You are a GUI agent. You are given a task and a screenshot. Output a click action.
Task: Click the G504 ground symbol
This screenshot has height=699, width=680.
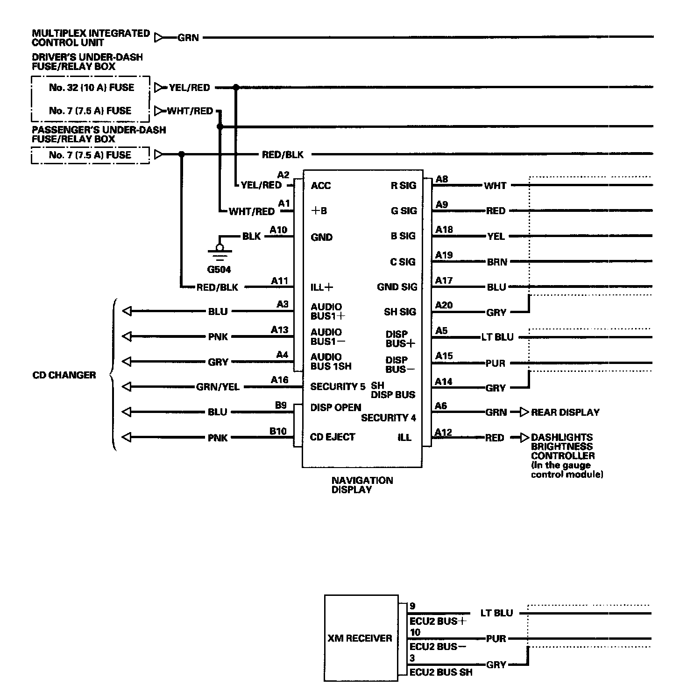(220, 252)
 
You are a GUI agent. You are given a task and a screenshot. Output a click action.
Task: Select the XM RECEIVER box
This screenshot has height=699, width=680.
(361, 638)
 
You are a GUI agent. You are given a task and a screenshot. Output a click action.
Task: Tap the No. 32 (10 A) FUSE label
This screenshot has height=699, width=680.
(91, 88)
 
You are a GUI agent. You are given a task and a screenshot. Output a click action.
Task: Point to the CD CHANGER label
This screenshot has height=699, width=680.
(64, 375)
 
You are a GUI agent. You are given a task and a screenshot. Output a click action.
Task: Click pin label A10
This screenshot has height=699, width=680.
(279, 230)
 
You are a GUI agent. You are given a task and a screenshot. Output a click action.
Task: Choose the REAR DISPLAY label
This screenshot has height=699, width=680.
(565, 412)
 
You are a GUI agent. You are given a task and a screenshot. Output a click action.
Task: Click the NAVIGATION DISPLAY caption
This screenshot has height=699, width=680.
(362, 485)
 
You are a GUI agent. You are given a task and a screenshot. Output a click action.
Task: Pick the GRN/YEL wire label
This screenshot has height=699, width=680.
(218, 387)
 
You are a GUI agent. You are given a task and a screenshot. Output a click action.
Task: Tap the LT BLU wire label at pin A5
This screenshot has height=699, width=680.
(497, 337)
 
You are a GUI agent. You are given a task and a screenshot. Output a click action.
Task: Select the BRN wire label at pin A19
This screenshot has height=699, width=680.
(496, 262)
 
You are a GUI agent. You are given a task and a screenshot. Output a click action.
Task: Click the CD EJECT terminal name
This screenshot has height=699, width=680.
(333, 437)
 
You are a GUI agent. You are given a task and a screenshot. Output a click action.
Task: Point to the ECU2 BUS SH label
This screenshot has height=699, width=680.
(440, 672)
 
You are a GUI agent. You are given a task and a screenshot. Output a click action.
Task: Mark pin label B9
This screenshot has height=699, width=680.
(280, 405)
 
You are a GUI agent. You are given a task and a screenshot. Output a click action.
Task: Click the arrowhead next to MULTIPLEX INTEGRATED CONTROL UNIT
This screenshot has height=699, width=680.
(160, 37)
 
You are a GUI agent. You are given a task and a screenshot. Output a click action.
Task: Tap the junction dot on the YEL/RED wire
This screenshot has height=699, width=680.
(236, 87)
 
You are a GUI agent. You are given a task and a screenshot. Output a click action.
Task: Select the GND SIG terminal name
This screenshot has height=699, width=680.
(397, 287)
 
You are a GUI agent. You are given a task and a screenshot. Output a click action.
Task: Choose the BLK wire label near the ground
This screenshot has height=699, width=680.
(251, 237)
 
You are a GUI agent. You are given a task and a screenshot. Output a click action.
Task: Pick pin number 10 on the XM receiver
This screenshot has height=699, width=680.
(415, 632)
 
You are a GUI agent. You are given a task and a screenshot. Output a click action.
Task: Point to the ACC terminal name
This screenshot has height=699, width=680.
(320, 186)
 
